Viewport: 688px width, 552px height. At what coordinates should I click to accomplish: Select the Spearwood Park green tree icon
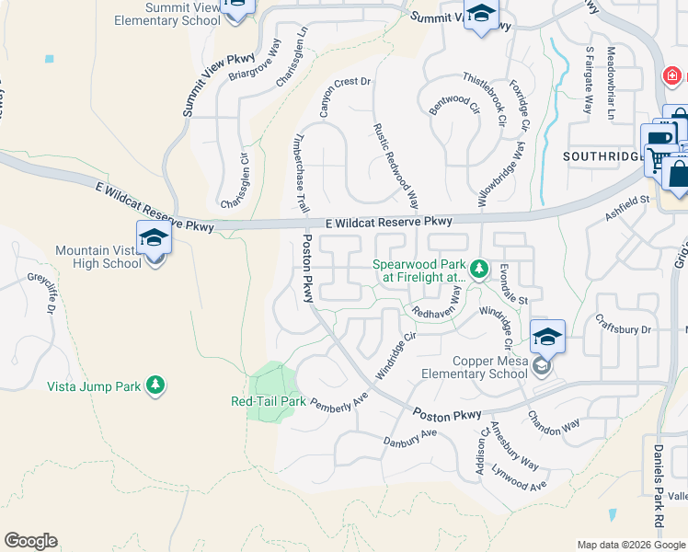tap(478, 270)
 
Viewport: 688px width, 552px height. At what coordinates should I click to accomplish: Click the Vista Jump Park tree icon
tap(156, 385)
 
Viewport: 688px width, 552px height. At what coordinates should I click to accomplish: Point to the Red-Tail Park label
tap(268, 401)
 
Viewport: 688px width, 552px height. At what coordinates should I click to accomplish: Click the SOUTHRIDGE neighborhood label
tap(602, 156)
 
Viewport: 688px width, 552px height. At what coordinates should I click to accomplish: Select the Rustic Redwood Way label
tap(396, 167)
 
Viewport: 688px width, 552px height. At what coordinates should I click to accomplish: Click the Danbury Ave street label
tap(409, 438)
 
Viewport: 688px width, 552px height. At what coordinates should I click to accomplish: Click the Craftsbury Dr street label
tap(623, 328)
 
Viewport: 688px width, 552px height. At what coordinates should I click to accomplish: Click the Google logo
tap(30, 541)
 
